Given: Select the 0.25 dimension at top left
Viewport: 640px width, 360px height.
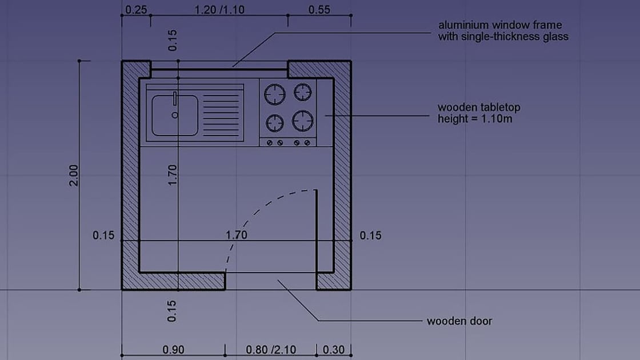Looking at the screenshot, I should (x=135, y=10).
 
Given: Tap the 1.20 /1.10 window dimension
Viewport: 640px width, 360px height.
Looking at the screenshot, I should (x=219, y=10).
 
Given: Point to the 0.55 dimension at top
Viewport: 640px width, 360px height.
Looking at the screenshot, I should (x=319, y=10).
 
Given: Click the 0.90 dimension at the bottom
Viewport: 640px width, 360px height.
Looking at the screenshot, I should (x=174, y=349).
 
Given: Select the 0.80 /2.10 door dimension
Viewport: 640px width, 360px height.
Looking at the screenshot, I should (x=271, y=349).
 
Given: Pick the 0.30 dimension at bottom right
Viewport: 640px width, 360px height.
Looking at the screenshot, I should (x=334, y=349).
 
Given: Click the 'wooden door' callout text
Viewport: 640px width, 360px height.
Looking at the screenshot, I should (x=459, y=321).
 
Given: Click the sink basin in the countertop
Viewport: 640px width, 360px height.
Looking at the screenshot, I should (x=175, y=115).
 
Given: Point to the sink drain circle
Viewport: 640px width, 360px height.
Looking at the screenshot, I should (x=175, y=115).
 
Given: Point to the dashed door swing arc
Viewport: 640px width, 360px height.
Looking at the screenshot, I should (x=251, y=214).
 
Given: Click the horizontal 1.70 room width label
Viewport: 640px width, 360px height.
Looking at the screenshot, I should (x=236, y=234).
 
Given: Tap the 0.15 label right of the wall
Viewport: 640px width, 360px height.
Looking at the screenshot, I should (x=370, y=235).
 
